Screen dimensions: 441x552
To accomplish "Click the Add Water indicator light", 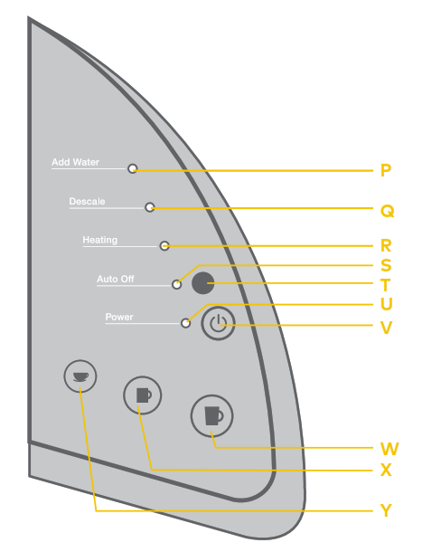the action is (x=133, y=168).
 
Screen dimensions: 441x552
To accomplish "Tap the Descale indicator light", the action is (x=150, y=207).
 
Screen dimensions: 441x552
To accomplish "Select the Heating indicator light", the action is (x=164, y=246).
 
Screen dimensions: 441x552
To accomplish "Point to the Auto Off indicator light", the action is (x=177, y=284).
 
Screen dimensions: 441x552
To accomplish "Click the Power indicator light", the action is (x=185, y=323).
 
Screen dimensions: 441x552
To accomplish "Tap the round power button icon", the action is (x=218, y=323).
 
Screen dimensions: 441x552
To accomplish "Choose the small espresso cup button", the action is (x=80, y=376).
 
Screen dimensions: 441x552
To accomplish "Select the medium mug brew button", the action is (x=143, y=395).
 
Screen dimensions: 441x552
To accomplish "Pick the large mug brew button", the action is (x=211, y=415).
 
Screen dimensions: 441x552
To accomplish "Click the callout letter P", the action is (x=386, y=170).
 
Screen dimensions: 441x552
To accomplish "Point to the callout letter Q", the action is (x=387, y=211).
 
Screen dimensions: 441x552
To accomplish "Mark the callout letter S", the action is (x=386, y=265).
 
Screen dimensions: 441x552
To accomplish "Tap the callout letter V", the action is (x=386, y=328).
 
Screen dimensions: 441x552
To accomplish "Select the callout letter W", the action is (x=389, y=449).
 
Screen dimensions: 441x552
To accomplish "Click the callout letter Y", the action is (x=386, y=510).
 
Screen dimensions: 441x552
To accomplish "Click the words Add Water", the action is (x=75, y=162).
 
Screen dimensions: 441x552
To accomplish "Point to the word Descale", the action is (x=87, y=202).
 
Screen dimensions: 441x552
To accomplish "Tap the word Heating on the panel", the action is (x=100, y=240).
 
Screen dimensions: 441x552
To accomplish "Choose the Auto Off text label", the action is (x=116, y=279).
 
